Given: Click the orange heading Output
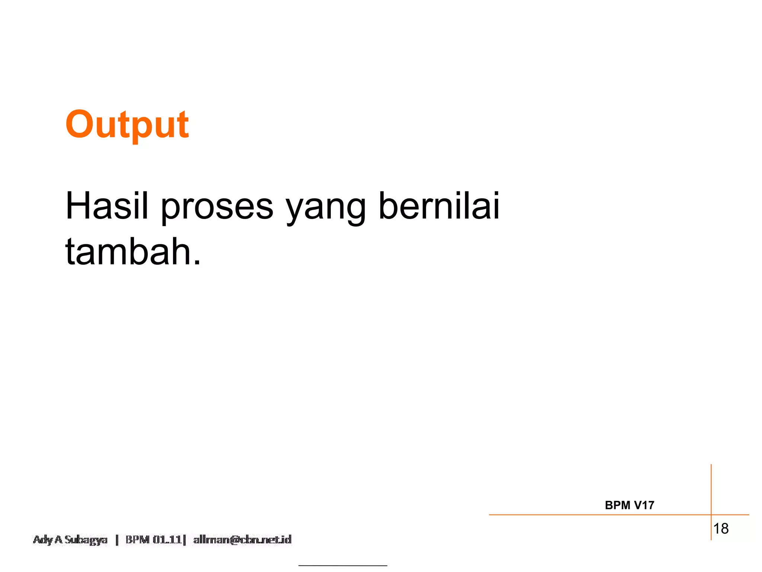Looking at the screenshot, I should pyautogui.click(x=127, y=125).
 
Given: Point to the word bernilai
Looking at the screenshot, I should pyautogui.click(x=439, y=206).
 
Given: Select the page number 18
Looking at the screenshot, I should pyautogui.click(x=721, y=528).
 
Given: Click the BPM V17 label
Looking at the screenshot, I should pyautogui.click(x=629, y=505).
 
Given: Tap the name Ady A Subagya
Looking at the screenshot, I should pyautogui.click(x=70, y=540).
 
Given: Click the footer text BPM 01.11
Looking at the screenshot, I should pyautogui.click(x=153, y=540).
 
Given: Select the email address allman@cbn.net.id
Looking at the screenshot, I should pyautogui.click(x=242, y=540).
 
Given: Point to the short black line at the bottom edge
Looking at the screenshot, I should pyautogui.click(x=343, y=566).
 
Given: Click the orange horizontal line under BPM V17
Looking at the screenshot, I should pyautogui.click(x=595, y=515).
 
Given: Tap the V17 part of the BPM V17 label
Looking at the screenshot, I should pyautogui.click(x=644, y=505).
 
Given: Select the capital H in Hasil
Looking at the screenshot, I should pyautogui.click(x=77, y=206).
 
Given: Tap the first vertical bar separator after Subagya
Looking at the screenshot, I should pyautogui.click(x=117, y=540).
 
